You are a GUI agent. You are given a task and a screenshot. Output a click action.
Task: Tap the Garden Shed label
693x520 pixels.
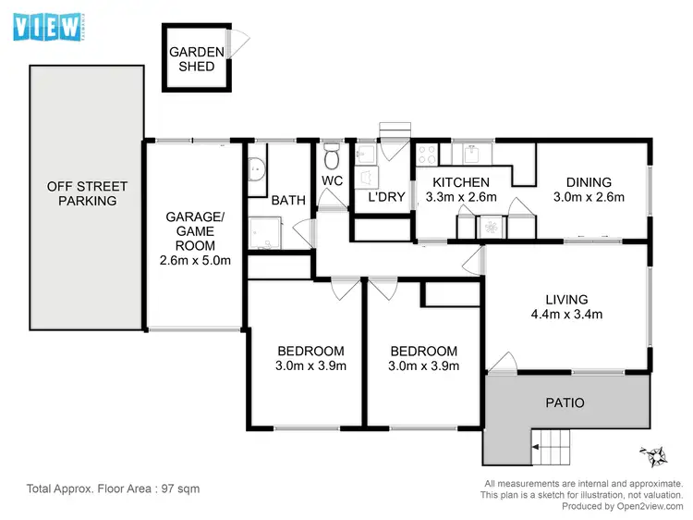(x=191, y=59)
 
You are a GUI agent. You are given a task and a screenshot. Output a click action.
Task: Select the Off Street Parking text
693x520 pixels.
(x=82, y=193)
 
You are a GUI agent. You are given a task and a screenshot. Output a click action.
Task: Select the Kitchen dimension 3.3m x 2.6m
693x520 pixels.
(x=461, y=197)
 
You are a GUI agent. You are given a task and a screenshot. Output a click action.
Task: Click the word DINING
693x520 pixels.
(x=589, y=182)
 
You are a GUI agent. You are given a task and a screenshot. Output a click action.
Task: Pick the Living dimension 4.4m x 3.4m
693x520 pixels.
(x=567, y=315)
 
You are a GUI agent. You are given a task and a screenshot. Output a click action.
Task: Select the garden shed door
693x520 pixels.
(x=241, y=41)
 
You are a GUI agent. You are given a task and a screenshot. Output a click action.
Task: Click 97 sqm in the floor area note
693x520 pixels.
(x=179, y=488)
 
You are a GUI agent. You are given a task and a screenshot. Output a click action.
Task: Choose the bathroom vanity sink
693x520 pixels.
(x=256, y=169)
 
